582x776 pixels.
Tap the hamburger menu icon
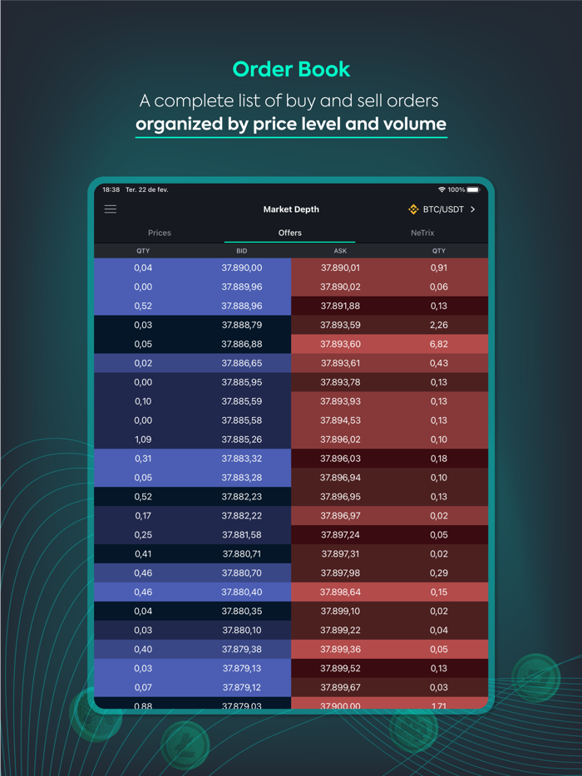pyautogui.click(x=111, y=209)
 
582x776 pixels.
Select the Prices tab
pyautogui.click(x=160, y=233)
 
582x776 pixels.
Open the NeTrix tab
pyautogui.click(x=422, y=233)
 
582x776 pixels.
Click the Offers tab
pyautogui.click(x=290, y=233)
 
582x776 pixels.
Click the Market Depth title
pyautogui.click(x=291, y=209)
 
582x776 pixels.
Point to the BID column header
pyautogui.click(x=242, y=251)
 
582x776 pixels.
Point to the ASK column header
pyautogui.click(x=340, y=251)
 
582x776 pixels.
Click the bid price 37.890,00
pyautogui.click(x=242, y=268)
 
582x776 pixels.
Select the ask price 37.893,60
pyautogui.click(x=341, y=344)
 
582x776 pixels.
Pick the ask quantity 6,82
pyautogui.click(x=439, y=344)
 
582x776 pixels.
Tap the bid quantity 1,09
pyautogui.click(x=143, y=440)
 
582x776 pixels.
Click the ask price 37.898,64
pyautogui.click(x=341, y=592)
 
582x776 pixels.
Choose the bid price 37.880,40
pyautogui.click(x=242, y=592)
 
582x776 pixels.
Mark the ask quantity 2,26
pyautogui.click(x=439, y=325)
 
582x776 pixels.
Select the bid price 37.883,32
pyautogui.click(x=242, y=459)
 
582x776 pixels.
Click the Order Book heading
pyautogui.click(x=291, y=69)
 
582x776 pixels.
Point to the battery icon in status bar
pyautogui.click(x=473, y=190)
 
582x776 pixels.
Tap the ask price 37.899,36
pyautogui.click(x=341, y=650)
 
